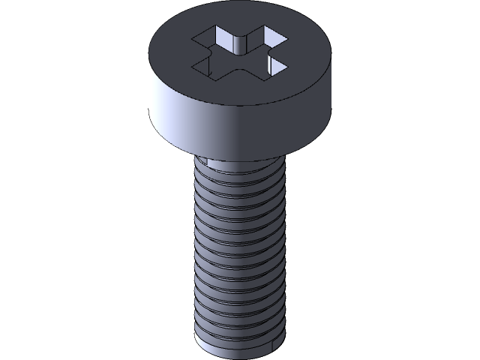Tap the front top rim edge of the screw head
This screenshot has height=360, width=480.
[240, 106]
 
